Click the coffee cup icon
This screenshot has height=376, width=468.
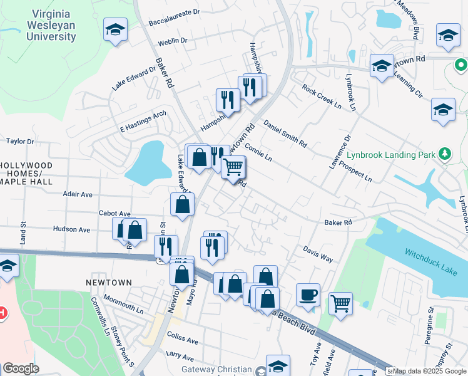point(308,295)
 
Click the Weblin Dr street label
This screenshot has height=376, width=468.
point(173,41)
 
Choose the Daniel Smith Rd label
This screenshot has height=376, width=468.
point(285,133)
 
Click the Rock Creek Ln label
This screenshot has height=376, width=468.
point(322,98)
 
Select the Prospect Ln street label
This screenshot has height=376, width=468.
point(351,170)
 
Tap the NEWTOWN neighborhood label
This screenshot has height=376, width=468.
point(109,283)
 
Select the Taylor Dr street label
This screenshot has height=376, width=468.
point(20,142)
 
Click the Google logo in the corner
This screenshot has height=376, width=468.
point(21,368)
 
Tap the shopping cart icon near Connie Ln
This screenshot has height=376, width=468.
point(233,167)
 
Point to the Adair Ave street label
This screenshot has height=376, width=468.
point(78,194)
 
